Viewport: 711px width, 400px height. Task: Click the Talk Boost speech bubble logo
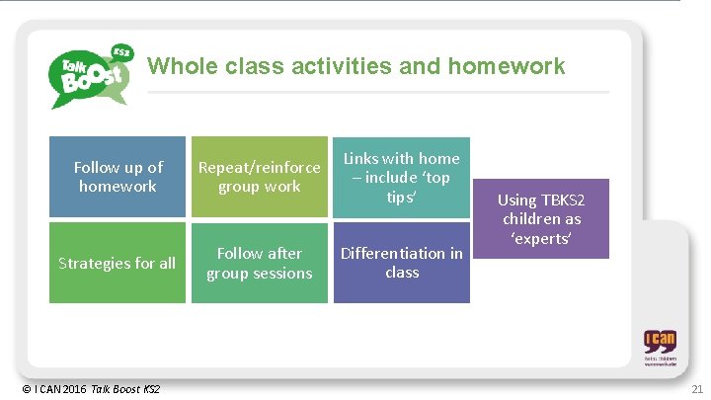tap(90, 75)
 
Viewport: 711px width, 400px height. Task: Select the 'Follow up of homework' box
tap(118, 177)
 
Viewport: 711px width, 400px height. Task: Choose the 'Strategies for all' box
tap(118, 263)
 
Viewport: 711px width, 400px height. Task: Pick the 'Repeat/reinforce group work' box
tap(260, 177)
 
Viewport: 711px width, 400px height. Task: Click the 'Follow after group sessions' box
tap(260, 263)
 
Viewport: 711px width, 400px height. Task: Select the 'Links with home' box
tap(402, 177)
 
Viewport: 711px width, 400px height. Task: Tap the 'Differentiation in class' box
tap(402, 263)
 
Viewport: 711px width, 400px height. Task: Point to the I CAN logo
tap(660, 348)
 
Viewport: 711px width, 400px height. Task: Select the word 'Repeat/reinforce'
tap(260, 167)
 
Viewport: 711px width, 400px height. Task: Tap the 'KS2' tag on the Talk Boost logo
tap(121, 50)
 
